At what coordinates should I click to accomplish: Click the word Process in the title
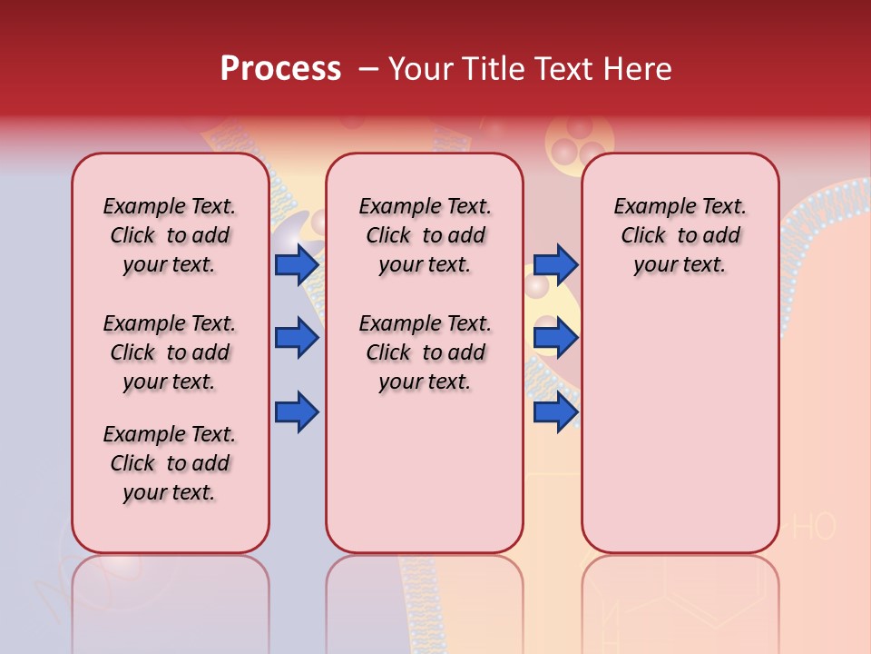[x=280, y=69]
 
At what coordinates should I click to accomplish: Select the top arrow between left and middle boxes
[x=297, y=264]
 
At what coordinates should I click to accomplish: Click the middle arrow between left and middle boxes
[x=297, y=338]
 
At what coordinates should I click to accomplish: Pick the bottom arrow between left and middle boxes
[x=297, y=412]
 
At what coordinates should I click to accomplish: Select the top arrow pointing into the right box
[x=555, y=264]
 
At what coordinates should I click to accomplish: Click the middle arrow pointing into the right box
[x=555, y=338]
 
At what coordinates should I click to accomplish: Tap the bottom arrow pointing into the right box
[x=555, y=412]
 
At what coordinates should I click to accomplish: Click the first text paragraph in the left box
[x=170, y=235]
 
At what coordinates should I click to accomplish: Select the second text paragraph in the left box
[x=170, y=352]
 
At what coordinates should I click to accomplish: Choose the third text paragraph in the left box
[x=170, y=463]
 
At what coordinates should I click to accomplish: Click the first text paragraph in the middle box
[x=425, y=235]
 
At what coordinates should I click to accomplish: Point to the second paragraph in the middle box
[x=425, y=352]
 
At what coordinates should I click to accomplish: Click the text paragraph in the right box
[x=680, y=235]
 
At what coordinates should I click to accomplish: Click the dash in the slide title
[x=368, y=69]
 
